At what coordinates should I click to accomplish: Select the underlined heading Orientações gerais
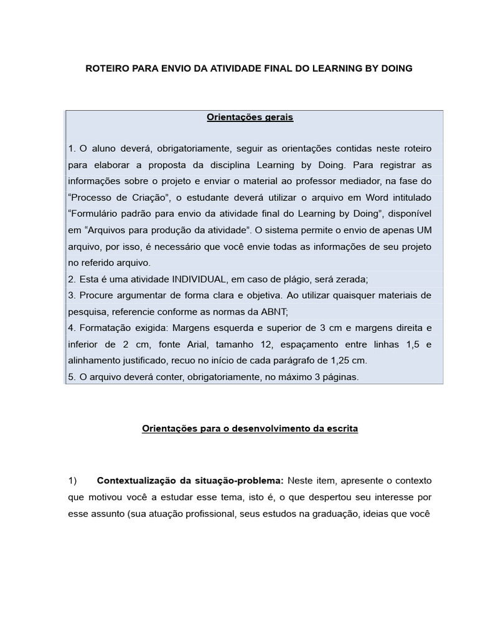[250, 117]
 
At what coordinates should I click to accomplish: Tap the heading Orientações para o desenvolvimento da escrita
[250, 429]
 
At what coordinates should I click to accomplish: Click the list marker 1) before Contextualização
[73, 481]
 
